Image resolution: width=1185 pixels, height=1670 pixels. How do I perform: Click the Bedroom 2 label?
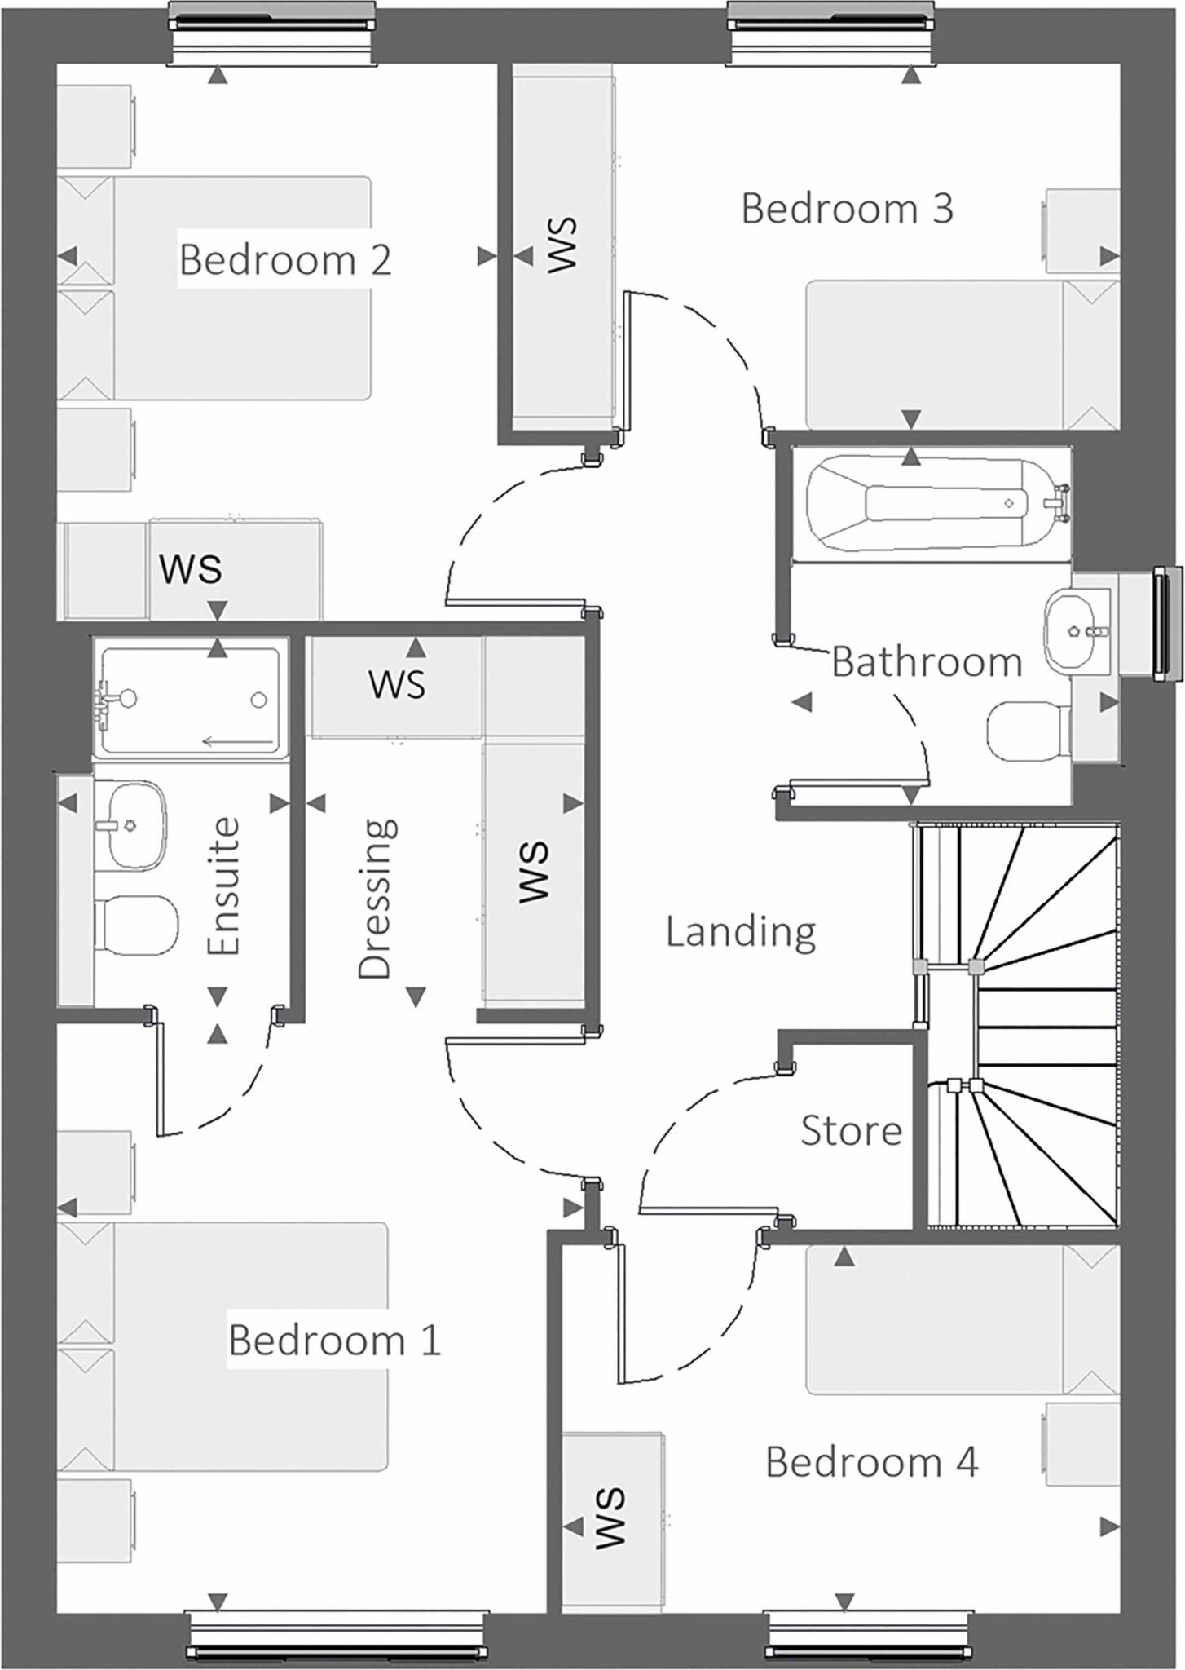(x=285, y=260)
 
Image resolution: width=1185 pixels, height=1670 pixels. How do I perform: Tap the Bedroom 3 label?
(x=847, y=209)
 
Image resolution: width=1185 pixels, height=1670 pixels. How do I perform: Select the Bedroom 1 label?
(x=334, y=1340)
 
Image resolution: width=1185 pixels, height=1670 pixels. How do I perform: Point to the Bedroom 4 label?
(x=871, y=1462)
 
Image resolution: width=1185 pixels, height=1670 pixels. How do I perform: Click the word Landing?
(x=741, y=931)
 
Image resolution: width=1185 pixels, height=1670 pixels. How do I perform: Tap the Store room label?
(x=851, y=1131)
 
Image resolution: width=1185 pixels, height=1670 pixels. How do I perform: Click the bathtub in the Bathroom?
(x=929, y=504)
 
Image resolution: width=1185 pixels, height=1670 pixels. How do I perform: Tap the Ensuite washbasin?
(x=135, y=825)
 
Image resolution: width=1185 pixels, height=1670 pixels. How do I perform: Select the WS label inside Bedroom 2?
(x=191, y=568)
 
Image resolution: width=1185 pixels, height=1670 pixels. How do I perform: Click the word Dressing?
(x=377, y=899)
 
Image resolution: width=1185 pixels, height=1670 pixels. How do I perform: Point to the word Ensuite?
(x=223, y=886)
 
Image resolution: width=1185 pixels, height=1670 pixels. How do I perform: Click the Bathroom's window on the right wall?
(x=1165, y=624)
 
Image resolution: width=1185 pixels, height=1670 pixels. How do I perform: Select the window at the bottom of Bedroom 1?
(x=338, y=1637)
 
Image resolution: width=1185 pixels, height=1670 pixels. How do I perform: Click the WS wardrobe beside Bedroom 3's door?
(x=561, y=245)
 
